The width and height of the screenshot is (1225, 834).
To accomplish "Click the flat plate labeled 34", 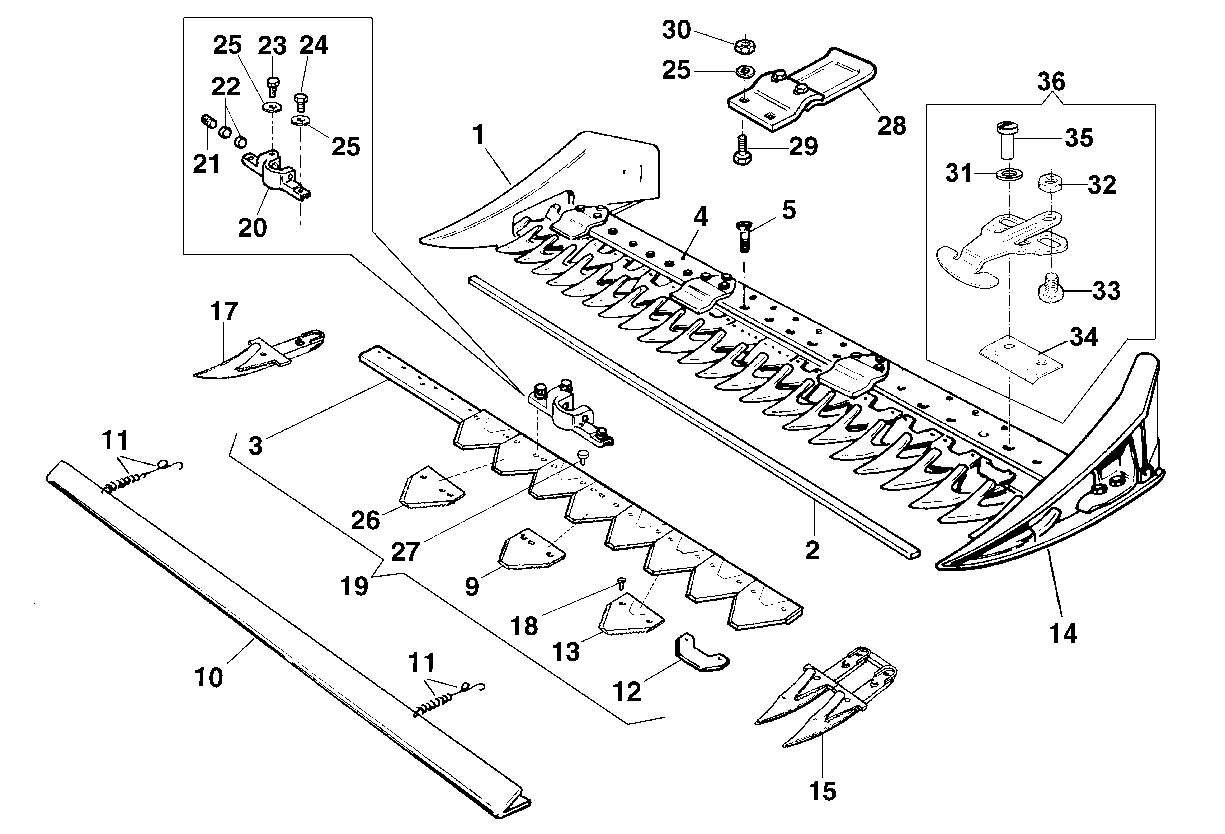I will click(1021, 356).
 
